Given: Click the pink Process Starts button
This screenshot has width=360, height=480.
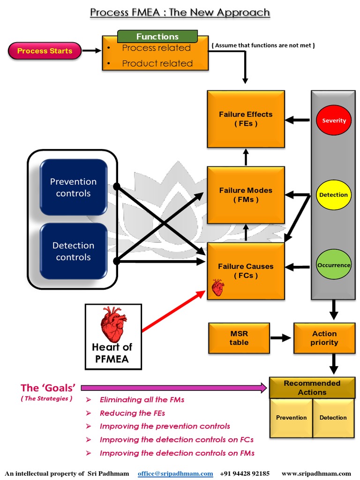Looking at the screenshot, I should tap(45, 51).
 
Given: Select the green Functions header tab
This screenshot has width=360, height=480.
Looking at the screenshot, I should tap(157, 37).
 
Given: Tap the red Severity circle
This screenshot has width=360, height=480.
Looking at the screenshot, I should tap(334, 120).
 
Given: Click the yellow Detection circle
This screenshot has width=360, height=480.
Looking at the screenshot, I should tap(333, 195).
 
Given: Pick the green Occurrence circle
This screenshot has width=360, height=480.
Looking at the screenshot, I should tap(333, 265).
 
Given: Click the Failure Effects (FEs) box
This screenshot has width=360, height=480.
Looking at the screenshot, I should tap(246, 119).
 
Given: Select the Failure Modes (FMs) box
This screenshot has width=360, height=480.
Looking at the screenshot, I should tap(246, 195).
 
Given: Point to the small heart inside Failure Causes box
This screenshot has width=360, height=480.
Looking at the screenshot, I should tap(217, 287).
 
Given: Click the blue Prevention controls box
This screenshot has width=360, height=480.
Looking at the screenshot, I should tap(74, 187).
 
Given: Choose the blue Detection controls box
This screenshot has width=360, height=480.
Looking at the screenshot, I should tap(74, 251).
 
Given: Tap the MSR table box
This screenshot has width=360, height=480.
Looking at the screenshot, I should tap(239, 338).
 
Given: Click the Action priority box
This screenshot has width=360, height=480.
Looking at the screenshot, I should tap(324, 338).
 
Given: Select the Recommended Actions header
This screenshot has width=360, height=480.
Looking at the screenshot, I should tap(312, 388).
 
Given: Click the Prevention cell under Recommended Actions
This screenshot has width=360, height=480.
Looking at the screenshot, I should tap(291, 418).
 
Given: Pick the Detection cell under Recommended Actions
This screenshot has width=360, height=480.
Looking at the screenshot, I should tap(333, 418).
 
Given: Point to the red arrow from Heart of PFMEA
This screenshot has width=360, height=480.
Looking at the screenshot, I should tap(173, 312).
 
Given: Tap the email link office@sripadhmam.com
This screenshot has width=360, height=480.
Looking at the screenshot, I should tap(175, 473).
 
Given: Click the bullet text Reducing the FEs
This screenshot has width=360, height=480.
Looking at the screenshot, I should tap(132, 413).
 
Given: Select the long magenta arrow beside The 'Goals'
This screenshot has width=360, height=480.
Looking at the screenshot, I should tap(173, 388).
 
